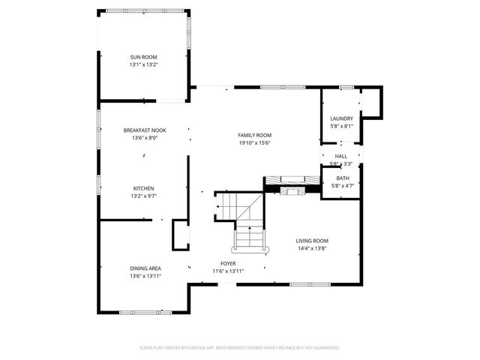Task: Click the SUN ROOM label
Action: click(144, 56)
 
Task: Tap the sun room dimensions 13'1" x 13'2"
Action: click(144, 64)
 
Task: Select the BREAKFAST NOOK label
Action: click(144, 130)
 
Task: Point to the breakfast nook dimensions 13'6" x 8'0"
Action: click(144, 138)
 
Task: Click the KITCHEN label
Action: click(144, 187)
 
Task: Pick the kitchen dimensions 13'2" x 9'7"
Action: click(144, 196)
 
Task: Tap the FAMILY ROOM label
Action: click(254, 134)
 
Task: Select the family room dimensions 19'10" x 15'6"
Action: click(254, 142)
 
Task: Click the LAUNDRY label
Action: click(341, 118)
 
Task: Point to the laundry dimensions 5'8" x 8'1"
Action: click(341, 127)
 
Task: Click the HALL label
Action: click(341, 156)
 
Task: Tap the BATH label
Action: click(342, 178)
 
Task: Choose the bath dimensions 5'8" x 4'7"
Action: click(342, 185)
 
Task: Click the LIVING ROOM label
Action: click(312, 240)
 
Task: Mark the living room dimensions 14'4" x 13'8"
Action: click(312, 248)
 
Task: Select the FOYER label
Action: click(228, 263)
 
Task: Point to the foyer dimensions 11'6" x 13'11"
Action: click(228, 271)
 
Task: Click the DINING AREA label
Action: click(145, 268)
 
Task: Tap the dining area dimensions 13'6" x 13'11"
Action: click(145, 276)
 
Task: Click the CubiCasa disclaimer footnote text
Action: click(240, 348)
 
